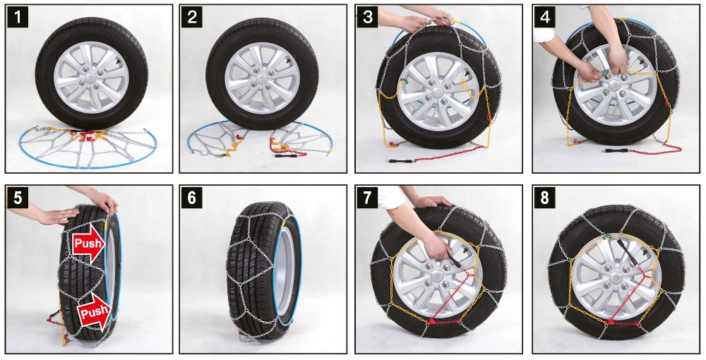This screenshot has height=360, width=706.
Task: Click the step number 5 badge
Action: (18, 198)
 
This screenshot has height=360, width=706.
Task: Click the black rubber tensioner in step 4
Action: (612, 150)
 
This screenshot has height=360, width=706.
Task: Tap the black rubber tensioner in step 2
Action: (285, 155)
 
